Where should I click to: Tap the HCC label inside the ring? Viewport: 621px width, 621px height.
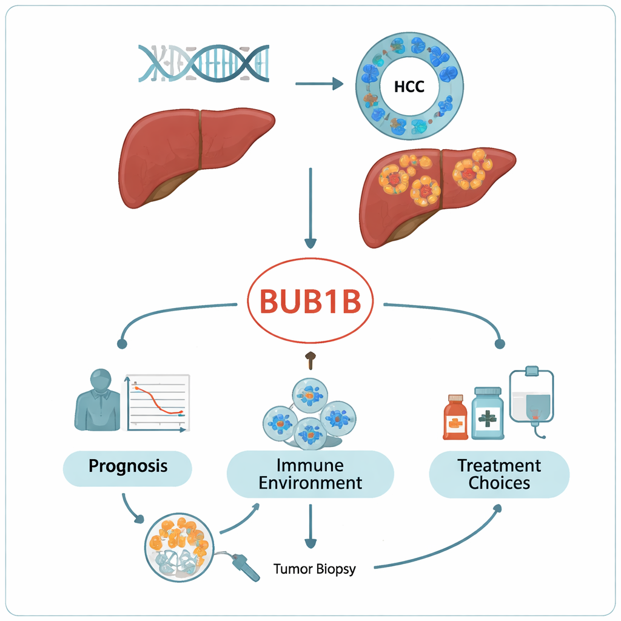(x=409, y=86)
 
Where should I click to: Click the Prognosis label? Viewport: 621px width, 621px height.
(x=128, y=466)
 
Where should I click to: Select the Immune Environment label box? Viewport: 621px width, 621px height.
(x=310, y=474)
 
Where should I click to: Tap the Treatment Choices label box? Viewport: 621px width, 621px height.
(x=499, y=474)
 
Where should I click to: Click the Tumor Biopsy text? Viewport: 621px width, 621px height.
(x=314, y=569)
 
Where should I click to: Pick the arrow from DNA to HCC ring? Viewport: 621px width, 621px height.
(x=319, y=84)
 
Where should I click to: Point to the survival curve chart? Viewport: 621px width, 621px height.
(x=158, y=403)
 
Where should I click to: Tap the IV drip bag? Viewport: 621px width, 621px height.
(x=531, y=397)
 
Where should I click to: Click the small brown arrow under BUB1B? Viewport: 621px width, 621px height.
(x=310, y=360)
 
